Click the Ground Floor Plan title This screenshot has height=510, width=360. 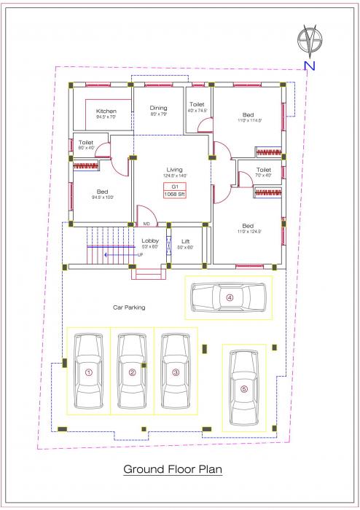tap(172, 469)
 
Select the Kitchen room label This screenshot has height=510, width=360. tap(106, 111)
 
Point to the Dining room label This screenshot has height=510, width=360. tap(159, 107)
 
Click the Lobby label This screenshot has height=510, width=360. tap(150, 240)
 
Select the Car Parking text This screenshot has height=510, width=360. tap(128, 307)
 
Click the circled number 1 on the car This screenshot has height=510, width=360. tap(89, 372)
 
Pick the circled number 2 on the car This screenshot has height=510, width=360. tap(132, 372)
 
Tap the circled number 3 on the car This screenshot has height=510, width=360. tap(176, 372)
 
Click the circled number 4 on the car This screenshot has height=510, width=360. tap(229, 297)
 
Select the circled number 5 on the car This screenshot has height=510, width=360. tap(244, 389)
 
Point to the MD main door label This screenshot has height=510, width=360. tap(146, 224)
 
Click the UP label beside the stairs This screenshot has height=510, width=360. tap(140, 255)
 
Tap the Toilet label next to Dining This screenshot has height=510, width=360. tap(197, 104)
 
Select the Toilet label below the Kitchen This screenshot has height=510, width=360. tap(86, 142)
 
